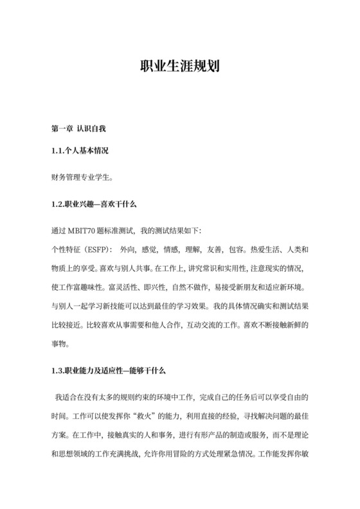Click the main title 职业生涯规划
180,67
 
